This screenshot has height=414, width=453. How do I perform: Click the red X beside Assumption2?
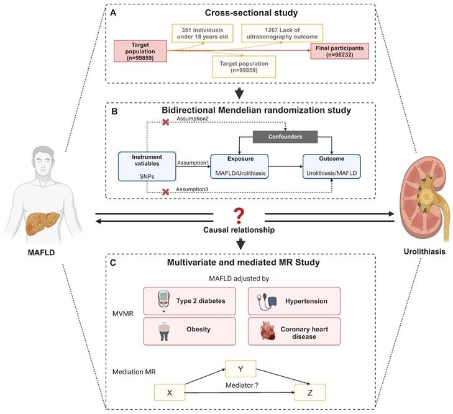click(x=165, y=122)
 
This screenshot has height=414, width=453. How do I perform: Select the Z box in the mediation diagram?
click(x=308, y=392)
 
